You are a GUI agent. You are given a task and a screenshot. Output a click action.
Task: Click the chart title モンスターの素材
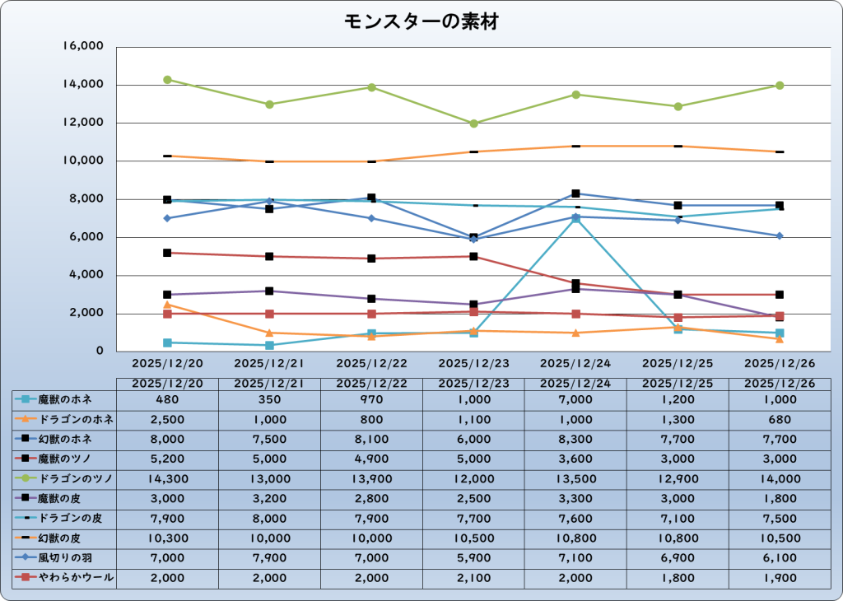click(421, 22)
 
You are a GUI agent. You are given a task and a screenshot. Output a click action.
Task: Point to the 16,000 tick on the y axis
click(83, 47)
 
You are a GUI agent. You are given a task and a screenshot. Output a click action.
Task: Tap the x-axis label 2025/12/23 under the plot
click(473, 362)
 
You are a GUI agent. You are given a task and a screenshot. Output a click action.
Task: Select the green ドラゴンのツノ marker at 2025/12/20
click(167, 80)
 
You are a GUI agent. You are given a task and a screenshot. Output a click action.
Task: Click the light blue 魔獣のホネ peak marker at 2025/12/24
click(575, 218)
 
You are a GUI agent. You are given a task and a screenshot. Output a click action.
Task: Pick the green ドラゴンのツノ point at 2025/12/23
click(473, 123)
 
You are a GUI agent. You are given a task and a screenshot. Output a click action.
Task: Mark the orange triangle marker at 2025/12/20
click(167, 305)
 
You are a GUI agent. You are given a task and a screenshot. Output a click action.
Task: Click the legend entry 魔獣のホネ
click(63, 399)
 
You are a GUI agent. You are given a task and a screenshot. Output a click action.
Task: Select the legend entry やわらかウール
click(63, 579)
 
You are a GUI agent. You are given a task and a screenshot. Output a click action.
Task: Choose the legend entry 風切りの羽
click(63, 559)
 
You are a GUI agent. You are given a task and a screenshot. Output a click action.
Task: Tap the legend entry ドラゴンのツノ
click(63, 479)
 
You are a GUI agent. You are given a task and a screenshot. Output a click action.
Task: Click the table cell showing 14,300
click(167, 479)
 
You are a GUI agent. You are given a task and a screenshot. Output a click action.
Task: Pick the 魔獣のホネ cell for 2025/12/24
click(575, 399)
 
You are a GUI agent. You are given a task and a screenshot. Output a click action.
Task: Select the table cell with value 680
click(780, 419)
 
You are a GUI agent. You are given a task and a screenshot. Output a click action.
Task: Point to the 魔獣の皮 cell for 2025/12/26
click(780, 499)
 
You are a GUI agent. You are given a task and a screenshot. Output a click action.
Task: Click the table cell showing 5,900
click(473, 559)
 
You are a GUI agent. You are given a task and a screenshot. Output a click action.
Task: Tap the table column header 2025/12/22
click(371, 384)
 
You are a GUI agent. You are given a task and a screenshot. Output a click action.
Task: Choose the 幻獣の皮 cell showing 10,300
click(167, 539)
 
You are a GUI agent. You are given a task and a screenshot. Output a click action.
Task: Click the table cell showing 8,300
click(575, 440)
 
